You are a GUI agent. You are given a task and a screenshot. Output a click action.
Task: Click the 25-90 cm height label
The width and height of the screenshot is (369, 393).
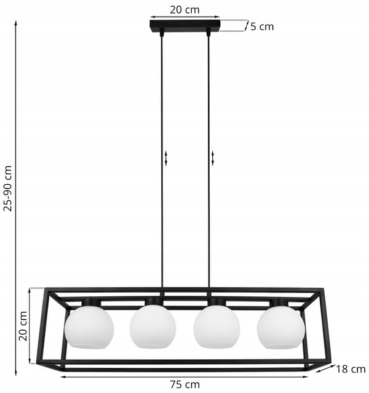click(8, 188)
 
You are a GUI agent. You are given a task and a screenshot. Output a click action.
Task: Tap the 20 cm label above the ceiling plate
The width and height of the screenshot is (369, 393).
click(184, 10)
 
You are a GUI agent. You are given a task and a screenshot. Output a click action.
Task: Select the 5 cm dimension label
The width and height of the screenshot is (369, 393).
click(262, 26)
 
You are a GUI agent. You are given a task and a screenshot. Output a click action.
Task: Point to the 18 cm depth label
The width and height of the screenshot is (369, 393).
click(351, 369)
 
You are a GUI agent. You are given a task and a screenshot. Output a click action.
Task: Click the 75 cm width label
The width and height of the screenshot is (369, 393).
click(185, 384)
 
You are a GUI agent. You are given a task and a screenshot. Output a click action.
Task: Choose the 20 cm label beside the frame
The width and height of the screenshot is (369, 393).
click(23, 326)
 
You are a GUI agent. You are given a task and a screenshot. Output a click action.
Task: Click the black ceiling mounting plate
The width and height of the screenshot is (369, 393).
click(185, 26)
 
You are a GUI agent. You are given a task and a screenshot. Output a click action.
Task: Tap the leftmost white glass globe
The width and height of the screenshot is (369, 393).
click(89, 327)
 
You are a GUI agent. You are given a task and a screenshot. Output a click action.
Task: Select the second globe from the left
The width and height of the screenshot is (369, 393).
click(153, 326)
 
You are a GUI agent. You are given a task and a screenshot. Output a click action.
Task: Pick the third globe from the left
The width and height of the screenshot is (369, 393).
click(217, 326)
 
